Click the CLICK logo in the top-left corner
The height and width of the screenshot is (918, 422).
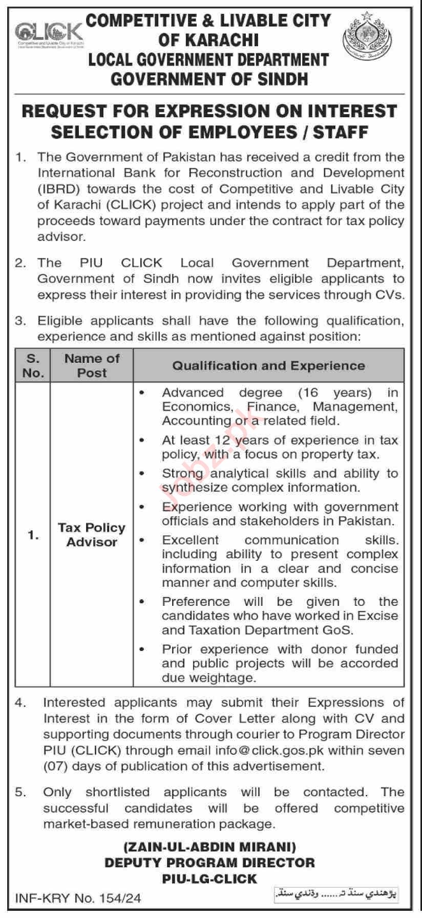pos(48,34)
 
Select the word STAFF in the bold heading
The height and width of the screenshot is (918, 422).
pos(341,132)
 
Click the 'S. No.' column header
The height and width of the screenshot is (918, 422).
pos(33,365)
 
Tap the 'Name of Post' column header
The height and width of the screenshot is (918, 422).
pos(92,365)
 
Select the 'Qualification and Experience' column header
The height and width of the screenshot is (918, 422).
pos(268,365)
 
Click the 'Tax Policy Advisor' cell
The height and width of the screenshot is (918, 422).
pos(92,535)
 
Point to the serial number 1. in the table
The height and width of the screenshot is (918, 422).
pos(33,535)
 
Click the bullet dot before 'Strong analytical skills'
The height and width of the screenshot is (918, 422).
pos(142,474)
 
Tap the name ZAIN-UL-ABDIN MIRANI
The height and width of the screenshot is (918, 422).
pos(209,847)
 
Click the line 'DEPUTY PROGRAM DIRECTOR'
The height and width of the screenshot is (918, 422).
pos(209,863)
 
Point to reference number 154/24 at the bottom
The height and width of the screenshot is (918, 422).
pos(121,898)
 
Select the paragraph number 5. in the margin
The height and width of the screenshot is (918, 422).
pos(21,792)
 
